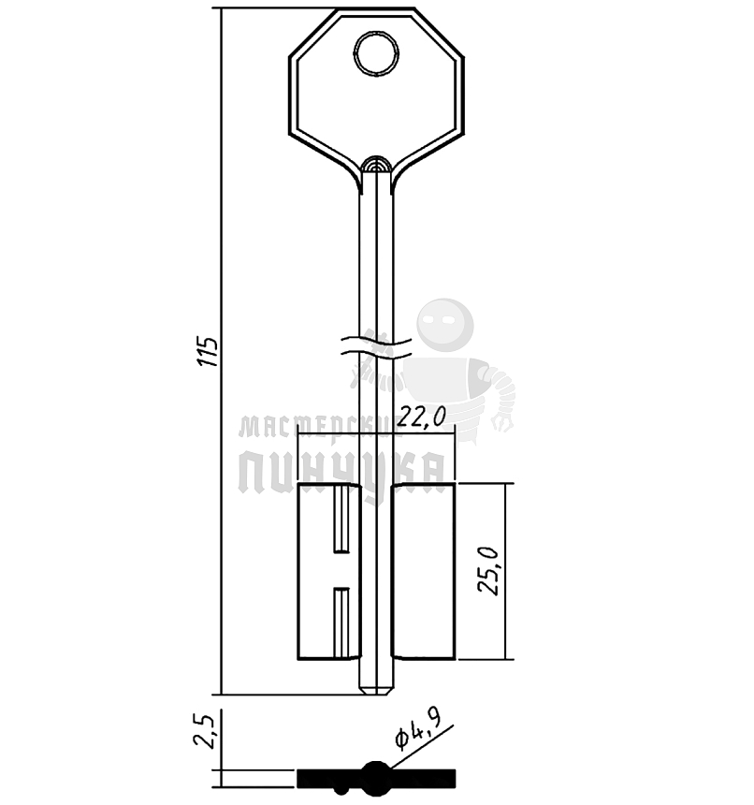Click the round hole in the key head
pyautogui.click(x=376, y=54)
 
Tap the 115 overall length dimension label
pyautogui.click(x=209, y=352)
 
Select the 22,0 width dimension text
pyautogui.click(x=422, y=417)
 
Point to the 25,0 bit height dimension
pyautogui.click(x=487, y=571)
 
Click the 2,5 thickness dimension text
pyautogui.click(x=203, y=731)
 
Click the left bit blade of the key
pyautogui.click(x=329, y=571)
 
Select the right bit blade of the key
pyautogui.click(x=423, y=571)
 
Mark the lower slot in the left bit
pyautogui.click(x=341, y=622)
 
